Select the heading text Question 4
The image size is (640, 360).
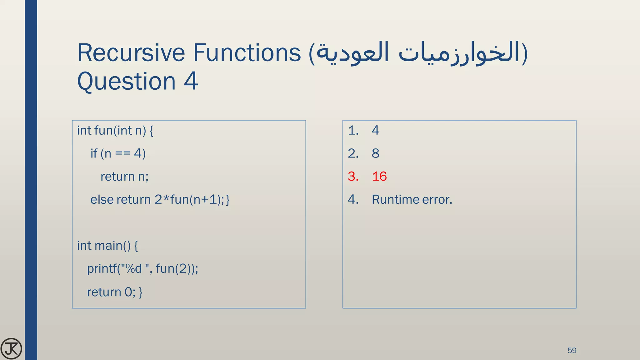(137, 81)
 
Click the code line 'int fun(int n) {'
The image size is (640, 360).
(115, 130)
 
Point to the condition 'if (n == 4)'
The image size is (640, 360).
(118, 153)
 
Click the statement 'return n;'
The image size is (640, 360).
(124, 177)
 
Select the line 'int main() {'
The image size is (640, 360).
(107, 246)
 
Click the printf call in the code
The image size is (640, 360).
(142, 269)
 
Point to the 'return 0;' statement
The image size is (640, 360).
(114, 292)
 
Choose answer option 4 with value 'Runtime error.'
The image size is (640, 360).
(412, 200)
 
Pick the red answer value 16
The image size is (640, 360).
(379, 177)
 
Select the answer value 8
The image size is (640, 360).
(375, 153)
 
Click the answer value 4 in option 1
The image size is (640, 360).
(375, 130)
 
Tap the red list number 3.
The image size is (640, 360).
(353, 177)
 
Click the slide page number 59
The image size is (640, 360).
(572, 350)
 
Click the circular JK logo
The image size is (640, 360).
(11, 348)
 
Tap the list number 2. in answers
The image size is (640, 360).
(353, 153)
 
